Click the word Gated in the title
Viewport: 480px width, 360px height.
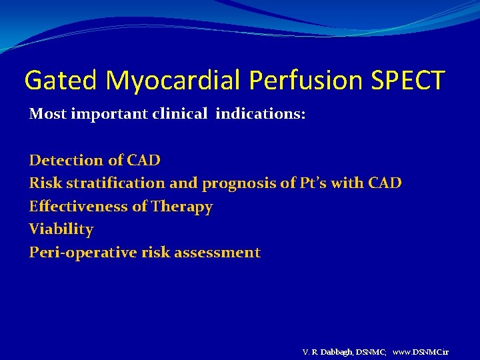point(61,81)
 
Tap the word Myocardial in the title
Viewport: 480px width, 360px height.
point(174,81)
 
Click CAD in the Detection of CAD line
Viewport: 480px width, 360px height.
point(145,160)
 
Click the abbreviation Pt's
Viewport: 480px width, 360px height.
point(312,183)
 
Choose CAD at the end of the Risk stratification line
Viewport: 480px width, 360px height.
point(384,183)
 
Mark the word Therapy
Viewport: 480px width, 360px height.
point(181,207)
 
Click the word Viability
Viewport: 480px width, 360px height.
point(61,229)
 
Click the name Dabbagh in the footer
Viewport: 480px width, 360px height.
point(337,351)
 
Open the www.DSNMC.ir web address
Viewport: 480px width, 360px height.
point(421,351)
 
